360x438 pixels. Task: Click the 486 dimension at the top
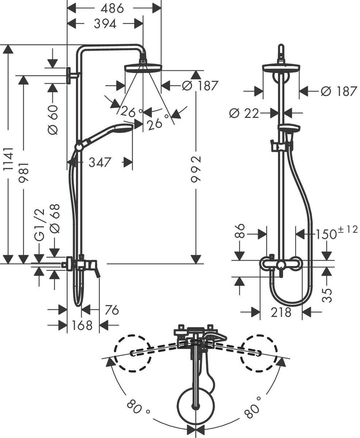112,8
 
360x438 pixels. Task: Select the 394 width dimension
105,24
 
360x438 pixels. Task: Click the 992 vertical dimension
196,169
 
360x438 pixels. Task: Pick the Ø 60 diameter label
53,119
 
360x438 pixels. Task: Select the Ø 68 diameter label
55,218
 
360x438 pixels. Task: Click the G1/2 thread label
39,224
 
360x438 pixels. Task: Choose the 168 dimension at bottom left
83,325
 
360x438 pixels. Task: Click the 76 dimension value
111,310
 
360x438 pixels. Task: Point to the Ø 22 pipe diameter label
244,114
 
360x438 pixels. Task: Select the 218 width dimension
281,312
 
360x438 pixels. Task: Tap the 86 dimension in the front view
240,231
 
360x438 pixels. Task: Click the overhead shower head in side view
143,68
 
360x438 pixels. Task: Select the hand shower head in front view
289,128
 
